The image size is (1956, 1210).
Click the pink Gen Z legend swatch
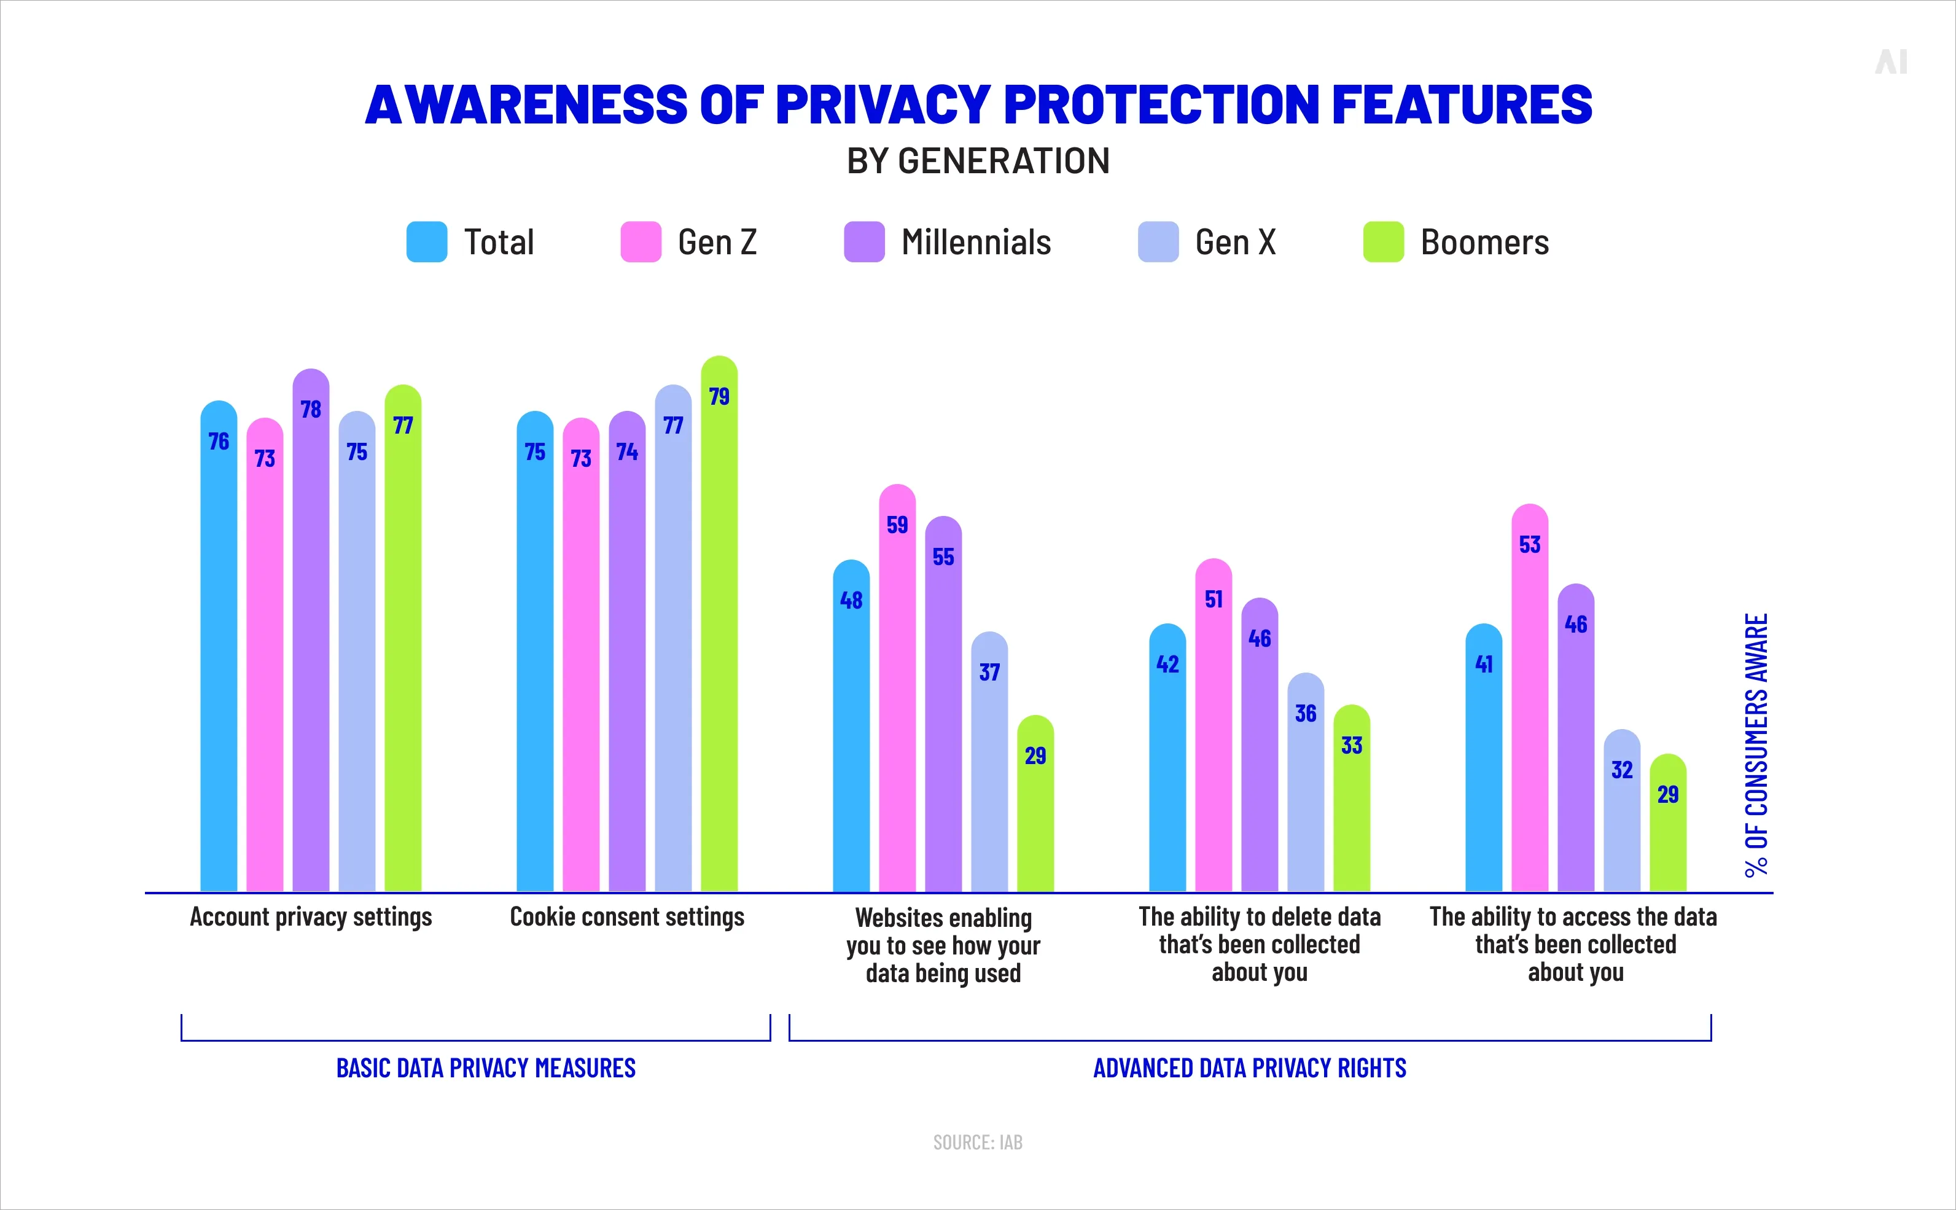click(x=641, y=241)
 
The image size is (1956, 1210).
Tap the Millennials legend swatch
click(x=864, y=241)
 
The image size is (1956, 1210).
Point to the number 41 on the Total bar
click(x=1483, y=664)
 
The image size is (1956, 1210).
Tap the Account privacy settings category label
click(x=310, y=917)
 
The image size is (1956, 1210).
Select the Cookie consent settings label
click(x=626, y=917)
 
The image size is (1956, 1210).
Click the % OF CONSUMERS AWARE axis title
click(x=1757, y=744)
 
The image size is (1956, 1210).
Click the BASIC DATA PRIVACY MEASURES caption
click(x=486, y=1068)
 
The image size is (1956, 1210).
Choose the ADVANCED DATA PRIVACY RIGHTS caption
click(x=1250, y=1068)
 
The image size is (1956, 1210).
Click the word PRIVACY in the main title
click(x=883, y=105)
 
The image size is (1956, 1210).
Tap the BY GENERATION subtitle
click(x=978, y=161)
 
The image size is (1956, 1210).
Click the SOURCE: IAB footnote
click(x=978, y=1142)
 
